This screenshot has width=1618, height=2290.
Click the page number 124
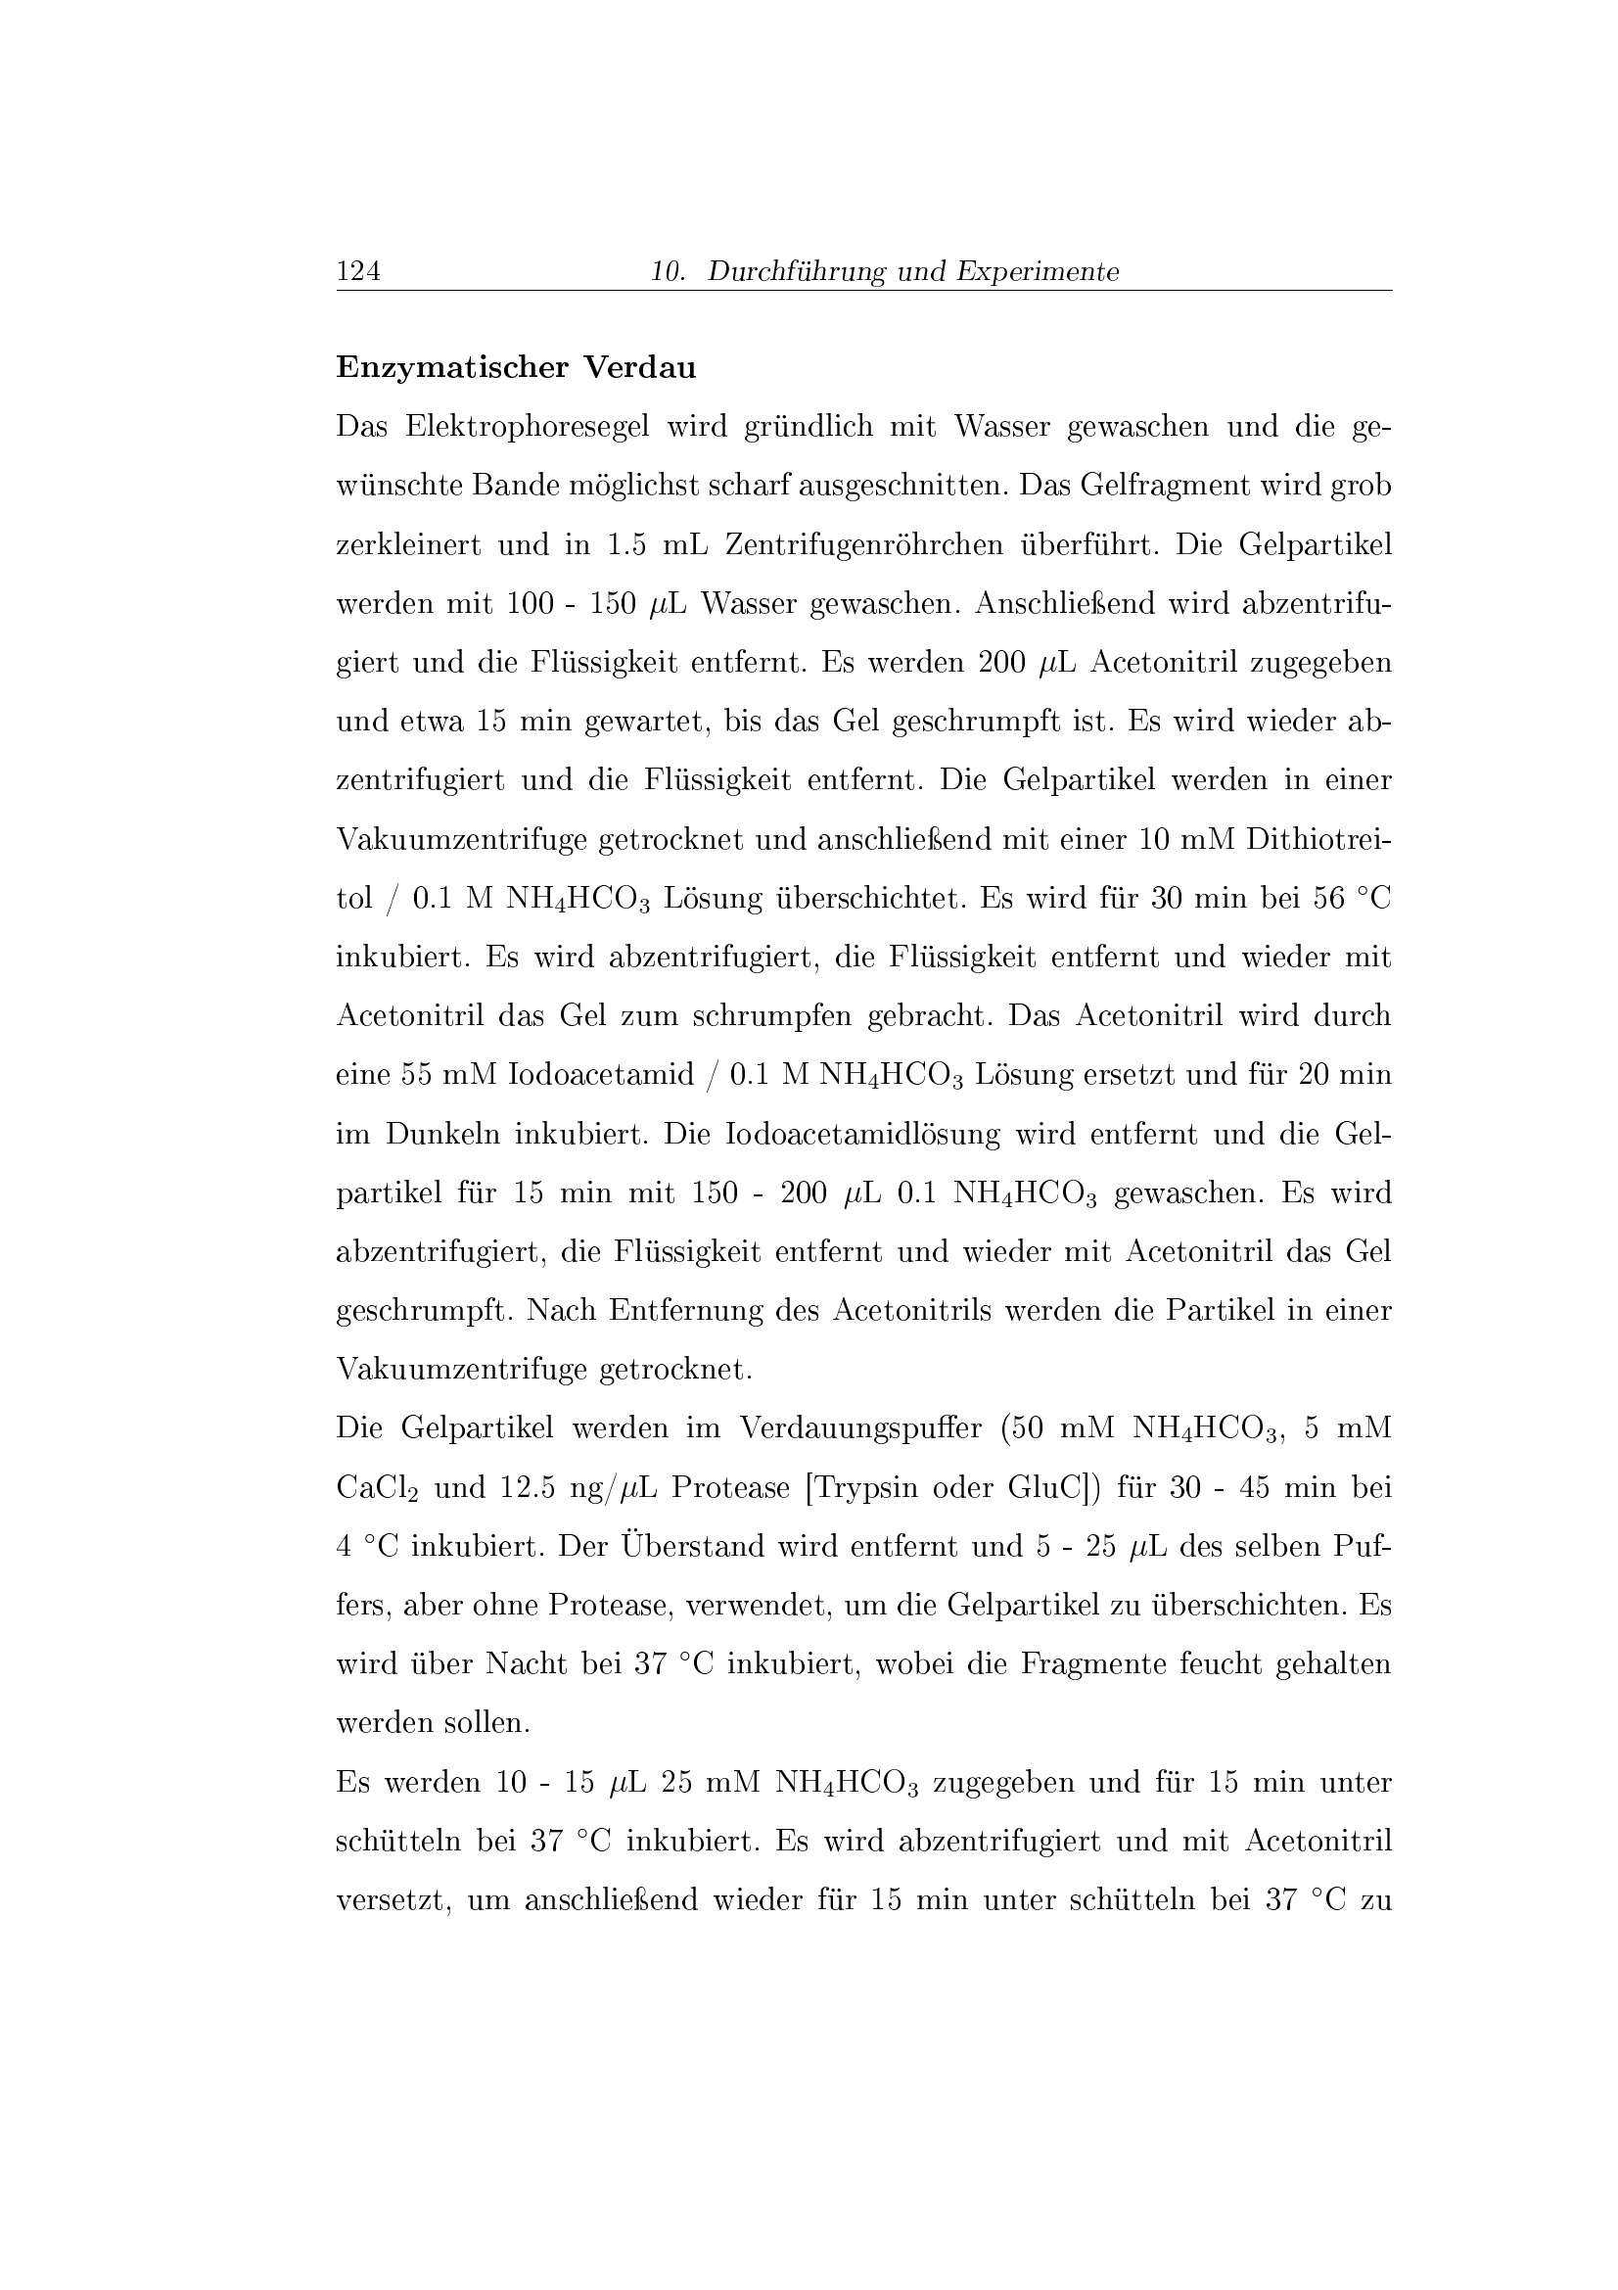coord(359,271)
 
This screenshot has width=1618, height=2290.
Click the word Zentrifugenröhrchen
coord(863,544)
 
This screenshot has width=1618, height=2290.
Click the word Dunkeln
coord(441,1134)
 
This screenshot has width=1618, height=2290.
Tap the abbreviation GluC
coord(1046,1488)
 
